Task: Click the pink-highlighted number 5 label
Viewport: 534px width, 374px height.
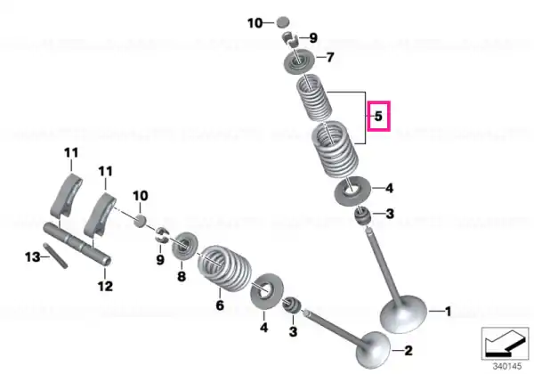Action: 378,116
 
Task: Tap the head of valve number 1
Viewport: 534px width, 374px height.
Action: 403,313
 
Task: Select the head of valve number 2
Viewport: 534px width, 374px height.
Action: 373,350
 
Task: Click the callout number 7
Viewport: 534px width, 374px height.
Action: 330,57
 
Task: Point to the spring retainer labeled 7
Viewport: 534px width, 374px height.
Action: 299,61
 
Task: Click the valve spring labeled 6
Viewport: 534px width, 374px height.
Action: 225,267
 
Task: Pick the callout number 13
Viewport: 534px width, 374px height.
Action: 32,256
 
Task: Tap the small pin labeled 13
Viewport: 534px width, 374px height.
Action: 55,256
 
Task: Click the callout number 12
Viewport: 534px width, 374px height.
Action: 105,286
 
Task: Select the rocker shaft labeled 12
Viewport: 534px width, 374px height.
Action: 77,243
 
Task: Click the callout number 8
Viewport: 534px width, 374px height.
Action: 182,276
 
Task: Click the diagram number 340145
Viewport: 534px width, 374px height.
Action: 507,367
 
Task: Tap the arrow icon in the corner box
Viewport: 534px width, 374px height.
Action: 505,344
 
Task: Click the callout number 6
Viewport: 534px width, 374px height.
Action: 220,305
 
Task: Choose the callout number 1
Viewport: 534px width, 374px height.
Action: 449,312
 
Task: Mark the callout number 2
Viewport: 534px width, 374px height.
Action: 409,350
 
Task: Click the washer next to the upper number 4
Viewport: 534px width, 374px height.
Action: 352,191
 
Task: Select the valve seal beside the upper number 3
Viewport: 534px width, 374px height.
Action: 362,216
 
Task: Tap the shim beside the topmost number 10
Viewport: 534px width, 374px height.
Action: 282,22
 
